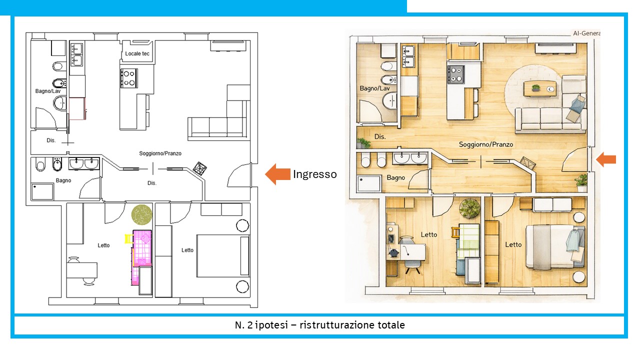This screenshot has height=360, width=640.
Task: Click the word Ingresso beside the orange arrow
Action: click(315, 174)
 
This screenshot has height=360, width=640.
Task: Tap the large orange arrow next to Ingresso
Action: click(277, 174)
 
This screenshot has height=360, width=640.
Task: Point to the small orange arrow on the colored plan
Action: click(605, 159)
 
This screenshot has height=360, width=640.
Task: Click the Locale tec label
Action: click(137, 53)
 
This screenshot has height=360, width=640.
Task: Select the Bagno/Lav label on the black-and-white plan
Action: click(48, 91)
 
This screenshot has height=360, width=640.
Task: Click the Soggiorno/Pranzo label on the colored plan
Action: click(485, 144)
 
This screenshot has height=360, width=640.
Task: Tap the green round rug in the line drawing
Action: click(141, 214)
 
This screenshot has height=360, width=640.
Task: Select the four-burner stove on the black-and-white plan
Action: click(129, 78)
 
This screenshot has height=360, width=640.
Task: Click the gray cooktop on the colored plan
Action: click(456, 74)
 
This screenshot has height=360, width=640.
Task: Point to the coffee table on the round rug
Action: click(539, 89)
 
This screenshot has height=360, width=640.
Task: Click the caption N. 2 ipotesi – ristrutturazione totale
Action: click(319, 325)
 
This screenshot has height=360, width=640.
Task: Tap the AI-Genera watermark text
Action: click(586, 33)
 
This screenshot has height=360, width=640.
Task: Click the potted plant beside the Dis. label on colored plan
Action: click(363, 143)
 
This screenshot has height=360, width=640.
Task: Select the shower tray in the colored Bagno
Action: click(369, 183)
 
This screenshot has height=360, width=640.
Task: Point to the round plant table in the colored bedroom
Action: click(469, 209)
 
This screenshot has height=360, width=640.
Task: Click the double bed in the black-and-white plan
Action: click(223, 255)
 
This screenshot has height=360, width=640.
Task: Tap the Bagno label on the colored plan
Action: click(395, 177)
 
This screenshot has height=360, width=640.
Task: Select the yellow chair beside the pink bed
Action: click(129, 238)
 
